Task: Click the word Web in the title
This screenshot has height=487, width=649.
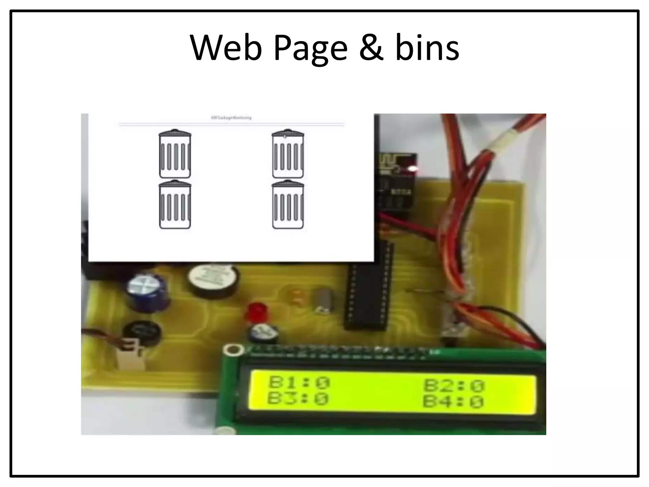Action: pyautogui.click(x=226, y=48)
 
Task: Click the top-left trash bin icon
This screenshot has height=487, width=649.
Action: pyautogui.click(x=175, y=154)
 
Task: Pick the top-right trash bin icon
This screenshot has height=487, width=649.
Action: pyautogui.click(x=288, y=154)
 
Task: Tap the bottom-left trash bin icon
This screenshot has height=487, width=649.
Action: pyautogui.click(x=175, y=205)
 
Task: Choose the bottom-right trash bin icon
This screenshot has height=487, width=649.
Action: pyautogui.click(x=288, y=205)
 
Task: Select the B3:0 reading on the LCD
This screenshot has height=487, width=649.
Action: pyautogui.click(x=298, y=399)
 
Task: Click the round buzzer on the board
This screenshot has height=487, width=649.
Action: pyautogui.click(x=212, y=281)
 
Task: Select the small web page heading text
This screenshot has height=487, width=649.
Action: pyautogui.click(x=231, y=118)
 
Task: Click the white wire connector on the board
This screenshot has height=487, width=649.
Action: pyautogui.click(x=130, y=352)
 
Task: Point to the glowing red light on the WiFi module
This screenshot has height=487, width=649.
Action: pyautogui.click(x=413, y=168)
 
